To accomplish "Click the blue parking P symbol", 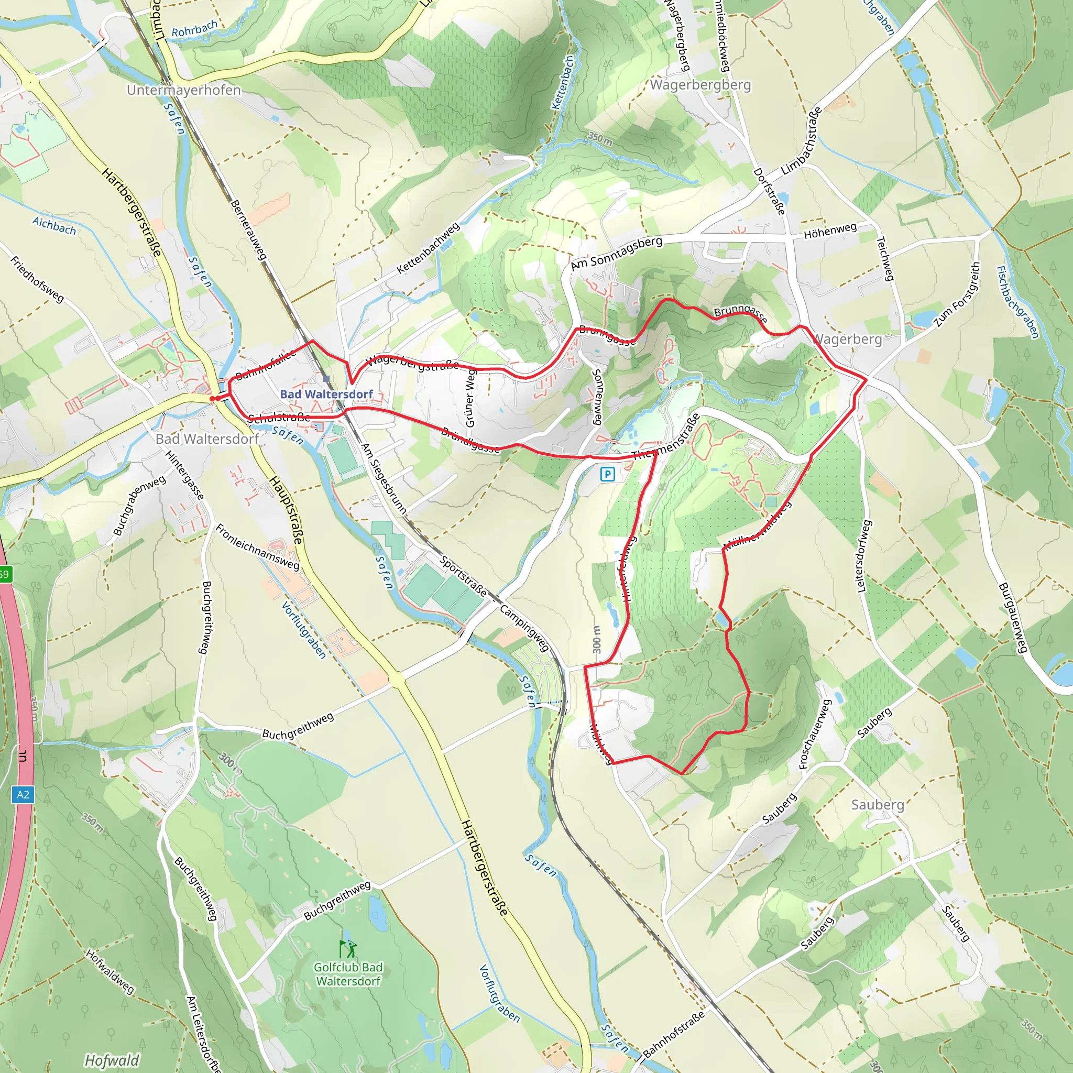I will [608, 474].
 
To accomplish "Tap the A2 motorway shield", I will [22, 794].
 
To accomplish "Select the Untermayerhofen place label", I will [184, 90].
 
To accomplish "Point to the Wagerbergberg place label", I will [700, 85].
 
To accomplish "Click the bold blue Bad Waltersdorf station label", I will [326, 394].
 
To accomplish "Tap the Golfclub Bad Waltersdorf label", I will [348, 973].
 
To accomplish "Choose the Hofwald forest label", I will [112, 1060].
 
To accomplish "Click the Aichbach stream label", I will [54, 225].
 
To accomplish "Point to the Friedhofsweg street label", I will [37, 279].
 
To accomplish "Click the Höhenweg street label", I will [830, 231].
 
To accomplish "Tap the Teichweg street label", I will [884, 258].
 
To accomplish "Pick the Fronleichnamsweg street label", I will [257, 547].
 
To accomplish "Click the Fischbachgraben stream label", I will [1017, 302].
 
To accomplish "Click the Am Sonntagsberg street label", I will [617, 253].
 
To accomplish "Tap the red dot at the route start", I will [212, 398].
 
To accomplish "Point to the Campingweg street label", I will [524, 628].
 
